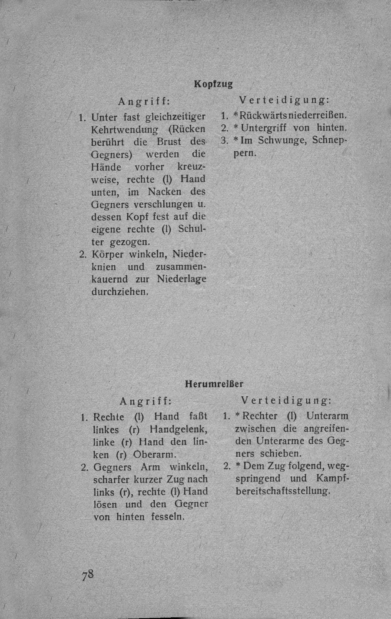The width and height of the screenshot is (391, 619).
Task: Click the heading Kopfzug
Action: coord(213,84)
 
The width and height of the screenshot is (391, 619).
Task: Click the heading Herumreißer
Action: coord(214,384)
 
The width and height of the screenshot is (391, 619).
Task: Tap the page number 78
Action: coord(87,574)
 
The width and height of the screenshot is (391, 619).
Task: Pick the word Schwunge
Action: coord(289,141)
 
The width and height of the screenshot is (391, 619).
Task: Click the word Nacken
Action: coord(164,191)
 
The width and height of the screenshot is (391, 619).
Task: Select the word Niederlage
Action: coord(182,278)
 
